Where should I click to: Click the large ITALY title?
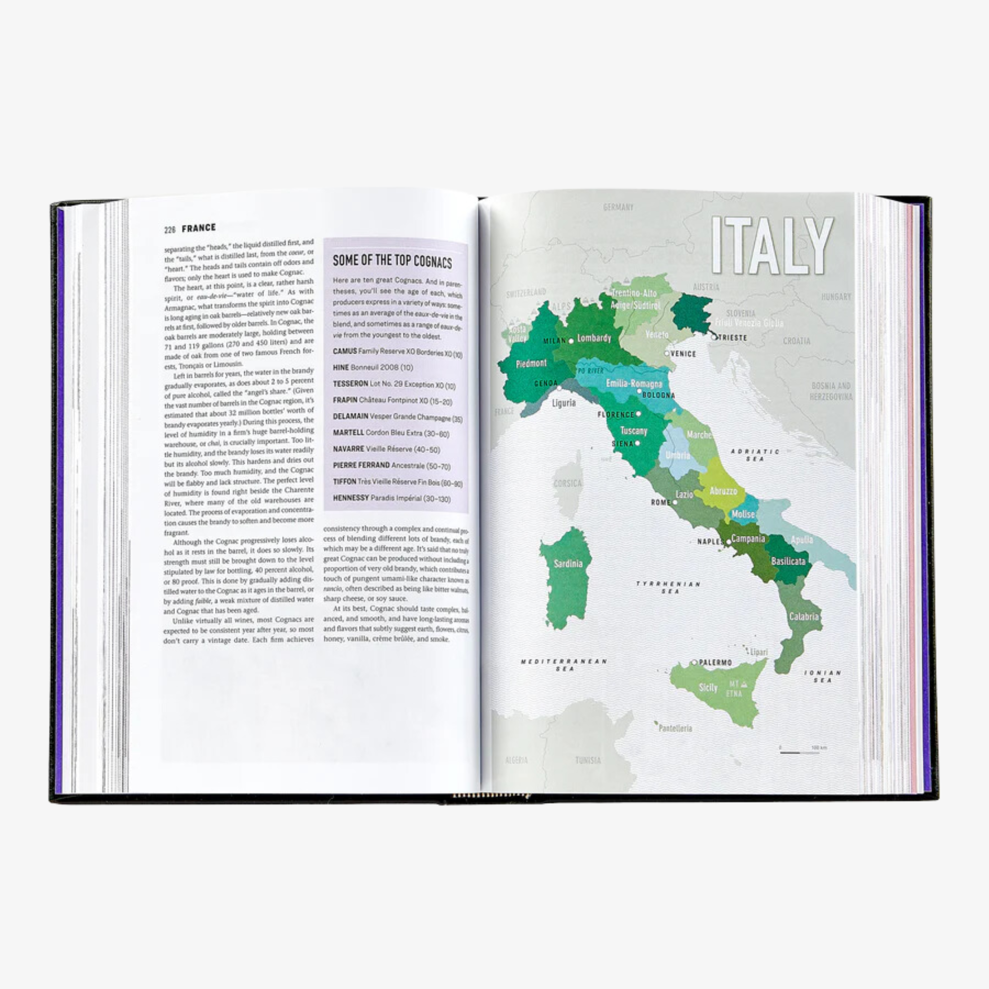coord(772,245)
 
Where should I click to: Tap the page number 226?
coord(170,229)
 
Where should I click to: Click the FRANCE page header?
coord(199,228)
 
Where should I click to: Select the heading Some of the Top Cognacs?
coord(392,261)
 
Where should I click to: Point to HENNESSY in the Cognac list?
coord(351,497)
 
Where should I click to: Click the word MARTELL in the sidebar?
coord(348,433)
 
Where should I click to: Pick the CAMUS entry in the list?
coord(345,351)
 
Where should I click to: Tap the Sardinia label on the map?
coord(568,564)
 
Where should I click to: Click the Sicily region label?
coord(709,687)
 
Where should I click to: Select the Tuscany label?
coord(634,431)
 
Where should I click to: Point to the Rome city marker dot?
coord(674,502)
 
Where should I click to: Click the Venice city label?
coord(683,354)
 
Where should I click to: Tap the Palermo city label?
coord(715,663)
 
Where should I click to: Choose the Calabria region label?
coord(804,616)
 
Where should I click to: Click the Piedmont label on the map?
coord(532,363)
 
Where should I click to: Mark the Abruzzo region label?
coord(723,491)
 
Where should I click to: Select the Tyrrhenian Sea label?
coord(668,587)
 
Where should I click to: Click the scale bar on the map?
coord(790,753)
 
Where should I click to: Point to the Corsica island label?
coord(568,483)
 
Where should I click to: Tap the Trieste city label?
coord(732,338)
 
